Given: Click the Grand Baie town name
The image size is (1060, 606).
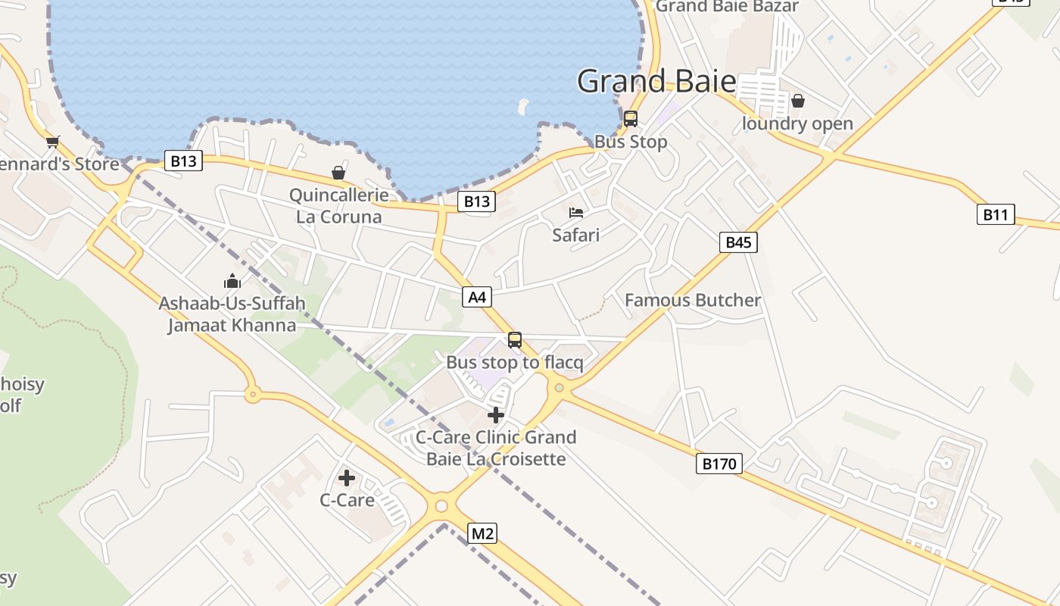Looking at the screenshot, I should click(656, 81).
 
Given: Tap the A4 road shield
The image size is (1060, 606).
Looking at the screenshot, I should click(477, 297).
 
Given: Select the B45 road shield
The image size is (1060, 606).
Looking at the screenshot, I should click(738, 242).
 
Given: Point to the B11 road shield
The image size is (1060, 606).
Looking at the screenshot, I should click(995, 215).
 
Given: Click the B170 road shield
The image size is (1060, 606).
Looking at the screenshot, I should click(719, 464).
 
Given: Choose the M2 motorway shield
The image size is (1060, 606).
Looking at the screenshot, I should click(482, 533).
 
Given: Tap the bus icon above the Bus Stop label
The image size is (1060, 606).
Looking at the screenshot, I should click(630, 119).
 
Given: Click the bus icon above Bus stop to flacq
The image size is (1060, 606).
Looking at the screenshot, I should click(515, 340).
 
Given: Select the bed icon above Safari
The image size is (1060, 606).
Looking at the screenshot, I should click(576, 213).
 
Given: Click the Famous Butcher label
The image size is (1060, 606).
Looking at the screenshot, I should click(692, 301).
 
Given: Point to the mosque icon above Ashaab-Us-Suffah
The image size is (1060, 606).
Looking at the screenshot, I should click(232, 282).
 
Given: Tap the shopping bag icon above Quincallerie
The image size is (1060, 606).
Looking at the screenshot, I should click(338, 173).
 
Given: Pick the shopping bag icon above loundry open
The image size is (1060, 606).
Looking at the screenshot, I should click(797, 101).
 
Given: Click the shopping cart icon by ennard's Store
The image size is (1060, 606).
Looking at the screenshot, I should click(53, 142).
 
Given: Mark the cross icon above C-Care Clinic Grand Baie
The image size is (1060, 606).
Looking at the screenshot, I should click(496, 415).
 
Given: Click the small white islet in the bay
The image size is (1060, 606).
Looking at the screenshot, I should click(522, 105).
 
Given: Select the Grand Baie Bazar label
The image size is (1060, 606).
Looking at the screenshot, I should click(727, 7).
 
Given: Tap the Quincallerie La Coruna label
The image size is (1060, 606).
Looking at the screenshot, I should click(339, 206).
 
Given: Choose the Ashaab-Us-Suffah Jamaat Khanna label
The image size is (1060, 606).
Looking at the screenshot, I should click(232, 314).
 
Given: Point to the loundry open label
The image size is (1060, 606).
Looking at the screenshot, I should click(797, 124).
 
